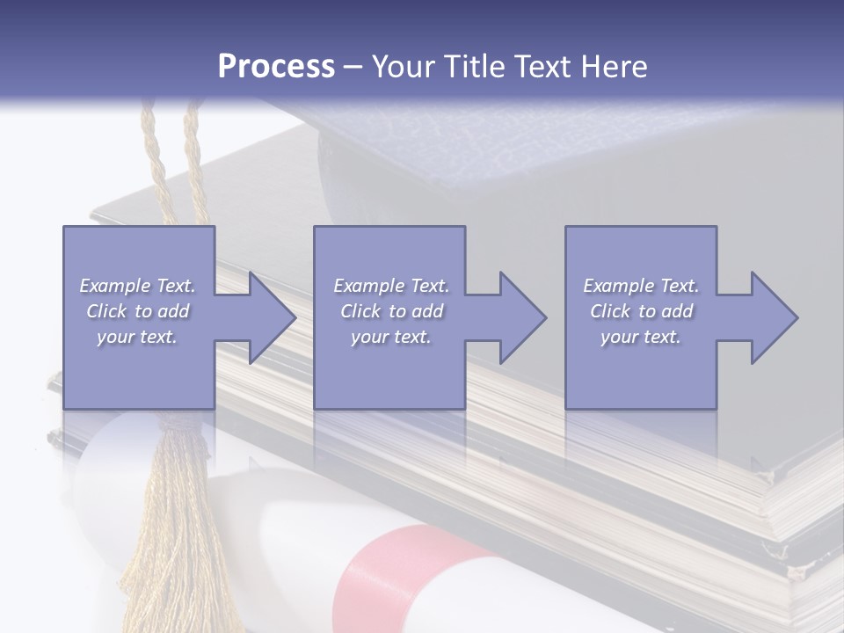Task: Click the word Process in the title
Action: click(x=276, y=67)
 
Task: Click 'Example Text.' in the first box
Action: click(x=138, y=286)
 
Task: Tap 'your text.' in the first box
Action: click(x=138, y=337)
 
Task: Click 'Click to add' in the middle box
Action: click(x=391, y=311)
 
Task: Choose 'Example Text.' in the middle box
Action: click(x=391, y=286)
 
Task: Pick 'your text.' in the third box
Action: click(x=641, y=337)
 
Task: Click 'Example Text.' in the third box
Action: click(x=641, y=286)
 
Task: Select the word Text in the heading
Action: click(x=542, y=67)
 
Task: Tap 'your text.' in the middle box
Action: click(x=391, y=337)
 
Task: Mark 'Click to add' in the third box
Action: click(x=641, y=311)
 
